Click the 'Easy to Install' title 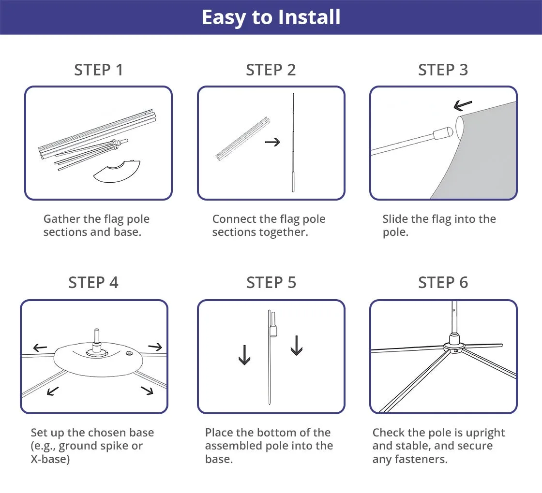point(271,17)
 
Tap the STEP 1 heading point(99,70)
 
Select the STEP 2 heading point(271,70)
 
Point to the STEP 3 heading point(443,70)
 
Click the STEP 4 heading point(93,282)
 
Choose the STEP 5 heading point(271,282)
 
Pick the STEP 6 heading point(443,282)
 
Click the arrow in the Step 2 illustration point(272,142)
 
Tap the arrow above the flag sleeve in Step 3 point(463,105)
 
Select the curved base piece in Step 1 point(117,171)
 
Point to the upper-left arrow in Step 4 point(40,348)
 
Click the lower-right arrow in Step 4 point(148,391)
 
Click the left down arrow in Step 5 point(244,355)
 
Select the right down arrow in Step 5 point(297,345)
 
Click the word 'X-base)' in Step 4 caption point(50,459)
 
